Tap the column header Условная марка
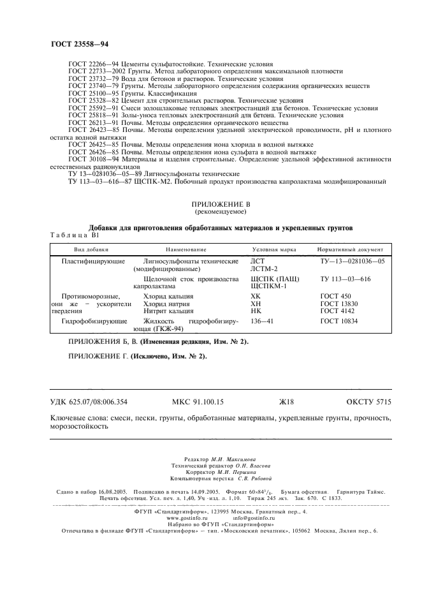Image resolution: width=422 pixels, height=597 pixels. (274, 249)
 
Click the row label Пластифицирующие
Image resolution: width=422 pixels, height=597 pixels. (89, 262)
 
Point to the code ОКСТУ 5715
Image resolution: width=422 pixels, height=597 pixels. (368, 402)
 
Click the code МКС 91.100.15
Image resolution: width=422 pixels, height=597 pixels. (198, 402)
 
